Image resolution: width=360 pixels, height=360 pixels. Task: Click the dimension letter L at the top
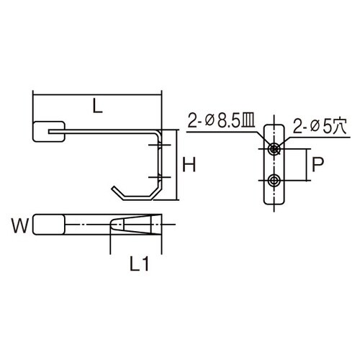[x=96, y=107]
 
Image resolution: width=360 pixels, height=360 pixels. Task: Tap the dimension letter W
[x=22, y=227]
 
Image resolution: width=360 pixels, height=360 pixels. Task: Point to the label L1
[x=140, y=266]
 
